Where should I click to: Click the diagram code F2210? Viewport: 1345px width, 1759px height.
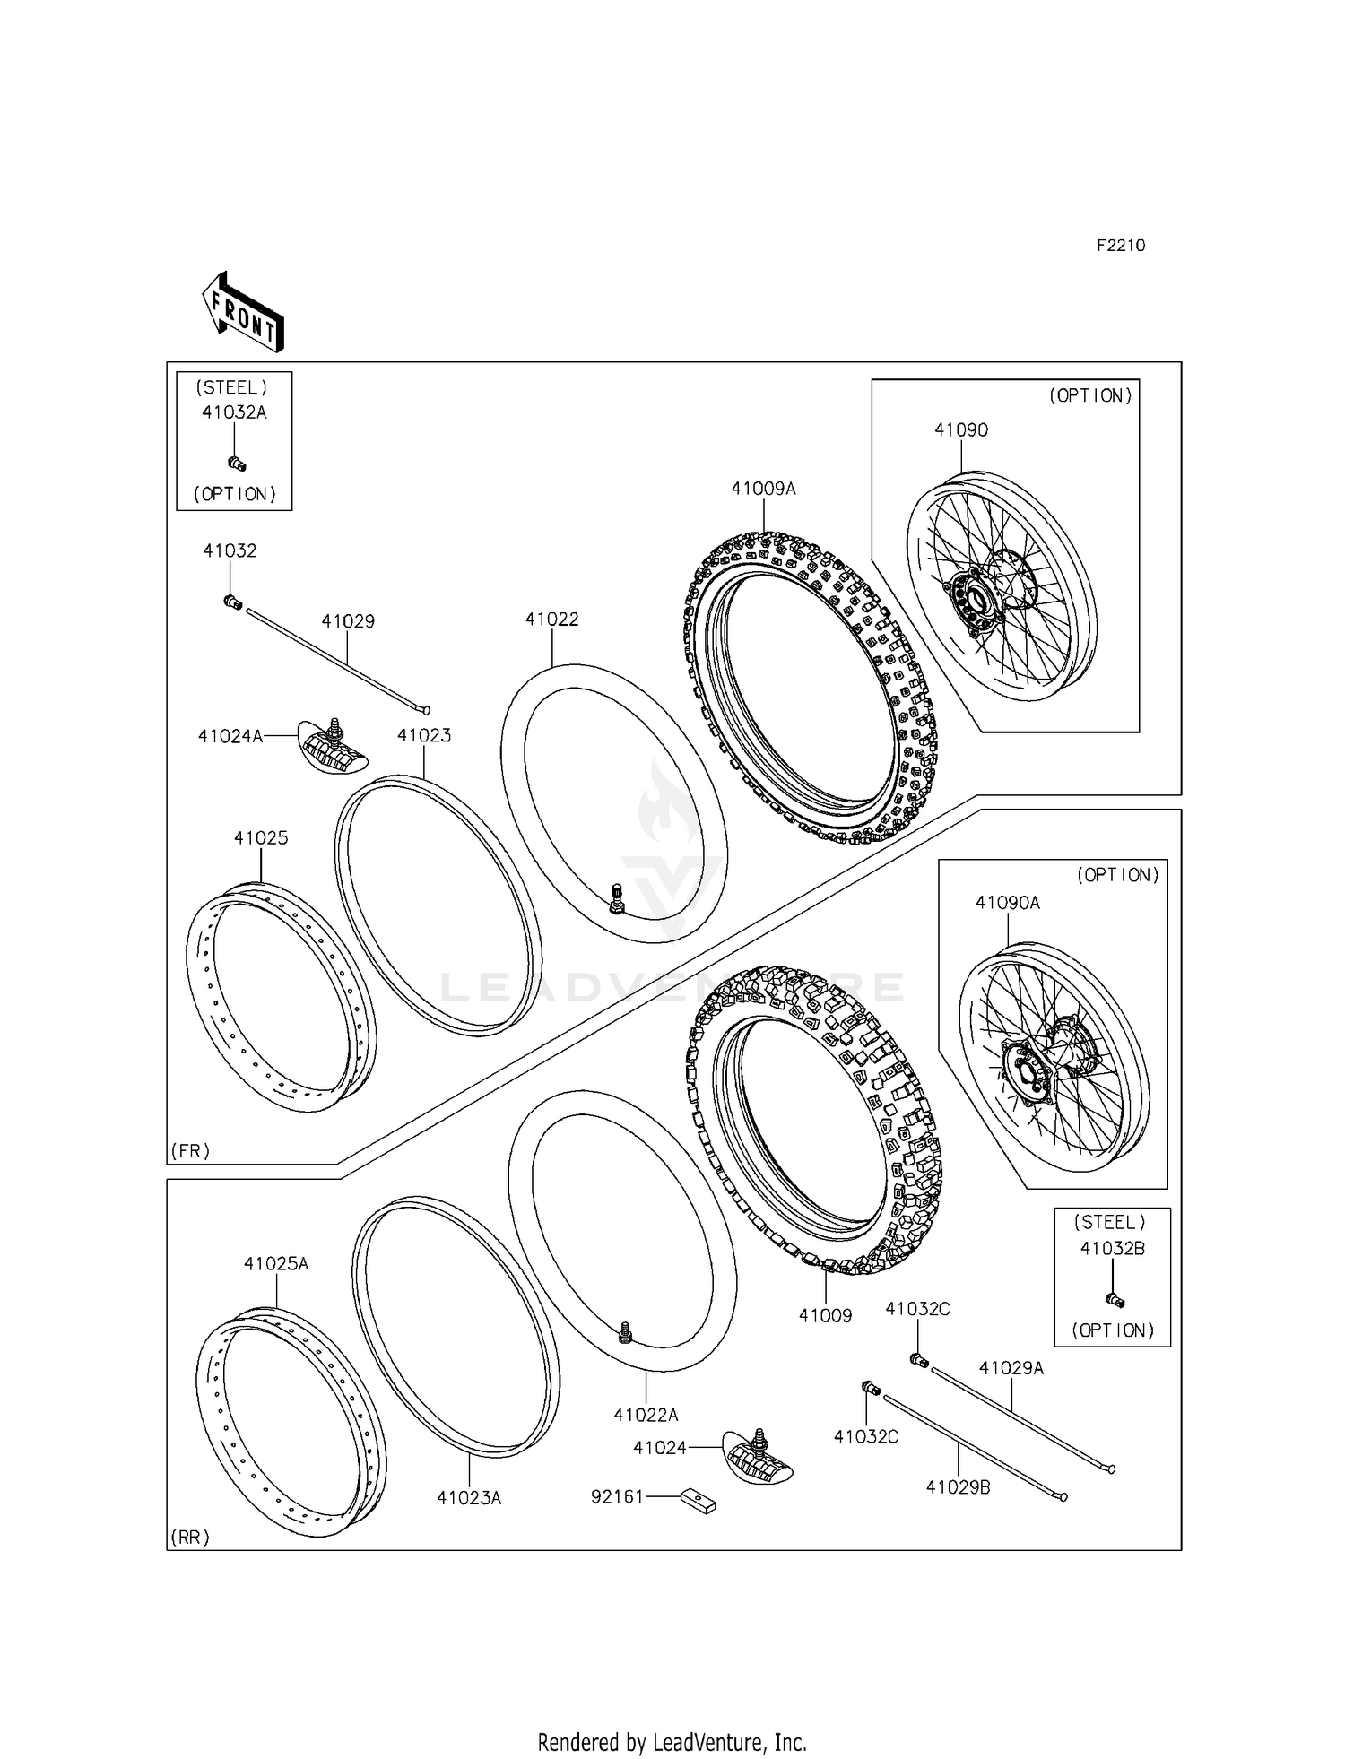click(1121, 246)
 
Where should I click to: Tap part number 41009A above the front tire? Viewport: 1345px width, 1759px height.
click(763, 490)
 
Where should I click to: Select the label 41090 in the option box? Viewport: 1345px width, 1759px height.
click(961, 430)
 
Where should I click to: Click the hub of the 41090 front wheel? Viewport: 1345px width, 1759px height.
click(973, 597)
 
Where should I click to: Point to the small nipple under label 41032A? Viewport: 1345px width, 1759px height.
click(237, 464)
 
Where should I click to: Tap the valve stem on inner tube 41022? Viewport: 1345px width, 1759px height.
click(616, 898)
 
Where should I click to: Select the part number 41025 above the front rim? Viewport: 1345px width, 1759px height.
click(261, 838)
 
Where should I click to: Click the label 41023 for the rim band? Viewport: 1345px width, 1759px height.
click(424, 736)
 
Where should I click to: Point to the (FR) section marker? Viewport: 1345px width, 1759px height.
click(190, 1151)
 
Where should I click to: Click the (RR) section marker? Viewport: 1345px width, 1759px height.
click(190, 1538)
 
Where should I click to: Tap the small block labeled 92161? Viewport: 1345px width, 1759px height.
click(698, 1500)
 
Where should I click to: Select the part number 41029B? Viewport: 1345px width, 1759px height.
click(958, 1487)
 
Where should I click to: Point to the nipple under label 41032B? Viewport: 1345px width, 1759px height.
click(1115, 1300)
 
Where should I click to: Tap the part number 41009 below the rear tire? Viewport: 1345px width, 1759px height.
click(825, 1316)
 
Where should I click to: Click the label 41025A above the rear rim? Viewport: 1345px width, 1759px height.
click(276, 1264)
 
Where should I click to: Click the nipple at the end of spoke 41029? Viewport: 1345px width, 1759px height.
click(232, 602)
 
